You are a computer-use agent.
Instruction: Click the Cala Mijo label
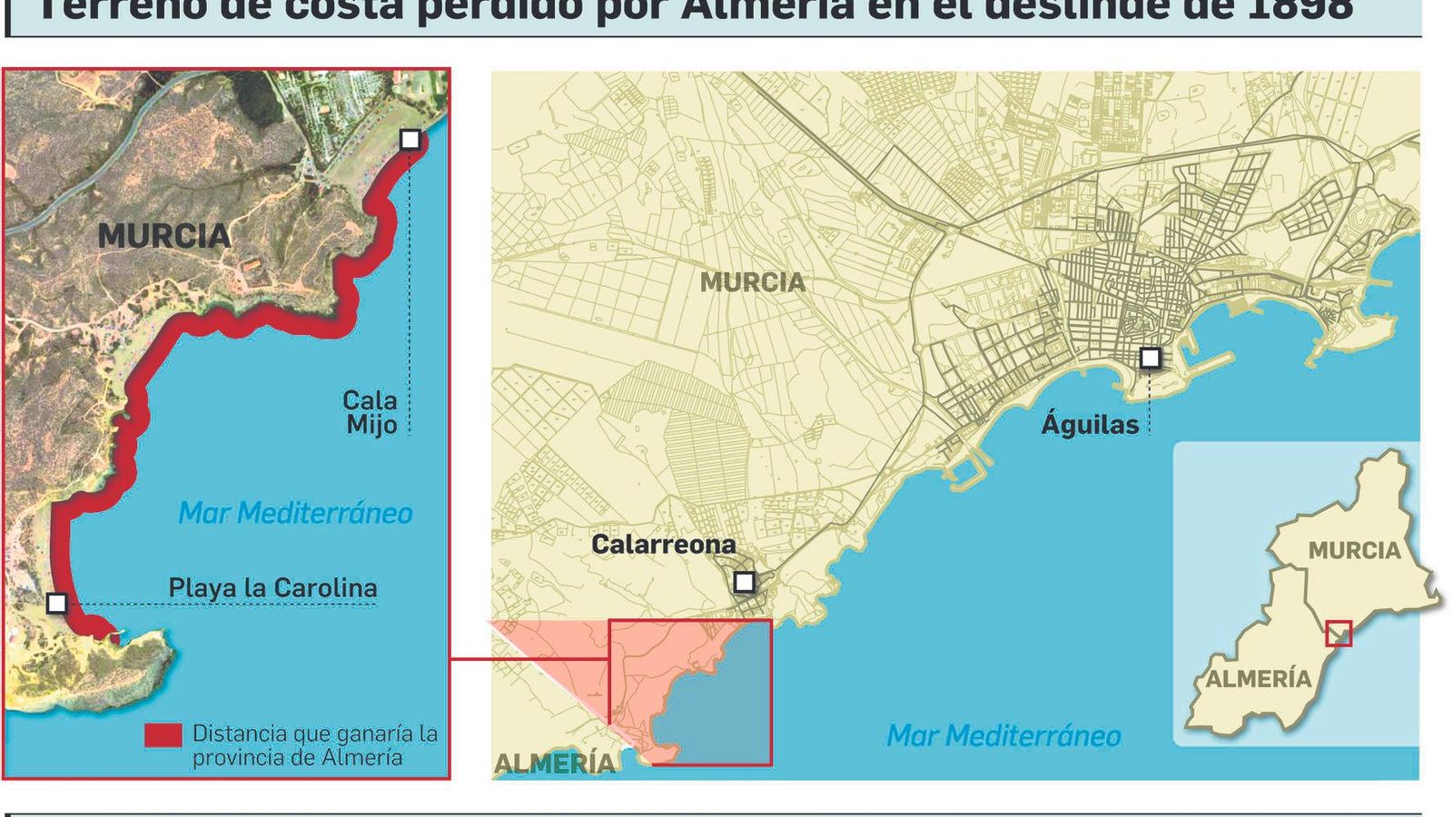[371, 412]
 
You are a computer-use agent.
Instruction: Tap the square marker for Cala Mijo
[410, 139]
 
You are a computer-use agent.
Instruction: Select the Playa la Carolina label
[272, 587]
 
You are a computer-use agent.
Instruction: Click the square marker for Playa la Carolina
[56, 603]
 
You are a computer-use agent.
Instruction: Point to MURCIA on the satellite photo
[164, 236]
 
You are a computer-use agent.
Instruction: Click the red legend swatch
[163, 734]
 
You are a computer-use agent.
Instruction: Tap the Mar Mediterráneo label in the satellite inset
[295, 513]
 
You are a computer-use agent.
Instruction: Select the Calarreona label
[663, 544]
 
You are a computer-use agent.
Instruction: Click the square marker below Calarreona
[744, 582]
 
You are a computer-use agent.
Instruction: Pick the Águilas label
[1090, 424]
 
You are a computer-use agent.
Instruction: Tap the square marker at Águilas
[1150, 358]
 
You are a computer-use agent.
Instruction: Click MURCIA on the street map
[752, 282]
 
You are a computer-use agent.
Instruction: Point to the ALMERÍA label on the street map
[554, 763]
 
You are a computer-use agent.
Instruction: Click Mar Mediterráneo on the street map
[1003, 735]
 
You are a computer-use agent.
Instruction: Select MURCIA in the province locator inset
[1354, 550]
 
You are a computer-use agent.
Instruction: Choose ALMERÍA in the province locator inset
[1259, 678]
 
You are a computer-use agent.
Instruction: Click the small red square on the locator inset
[1339, 633]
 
